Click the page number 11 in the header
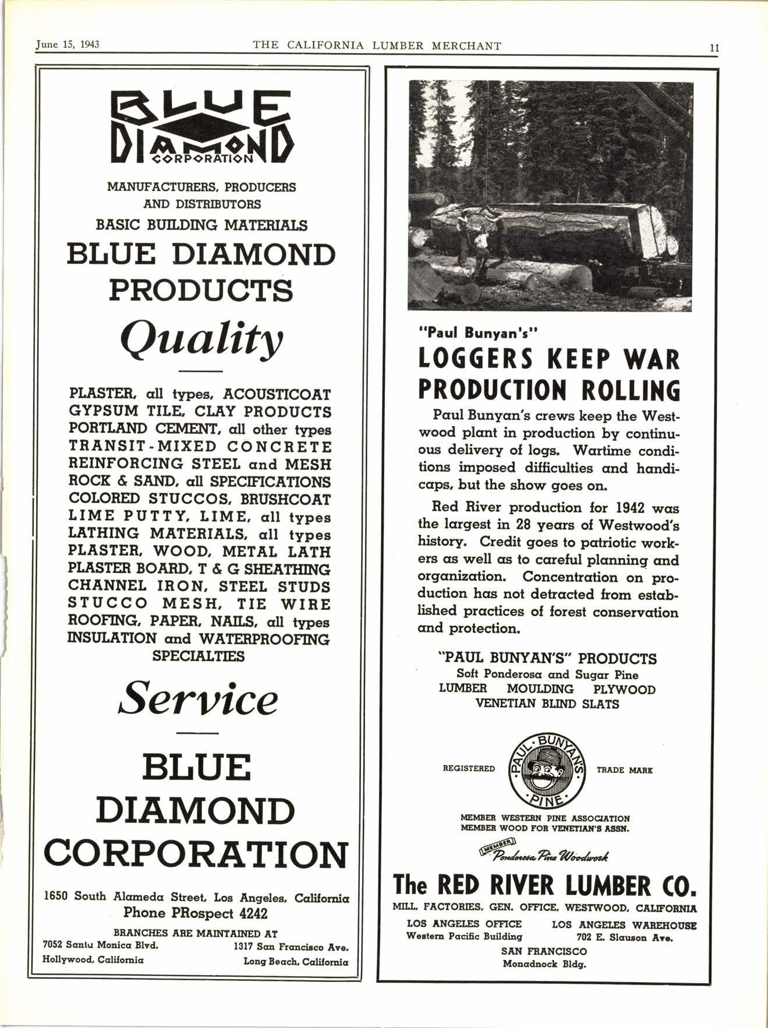(x=714, y=48)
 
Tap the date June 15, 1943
(x=68, y=45)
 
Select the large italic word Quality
(x=200, y=340)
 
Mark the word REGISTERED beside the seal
(x=469, y=769)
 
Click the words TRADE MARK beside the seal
(x=625, y=770)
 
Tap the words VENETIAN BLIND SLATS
(x=547, y=704)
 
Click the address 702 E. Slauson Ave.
(x=625, y=937)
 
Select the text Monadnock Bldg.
(x=544, y=964)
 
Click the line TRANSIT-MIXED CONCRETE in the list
(x=200, y=447)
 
